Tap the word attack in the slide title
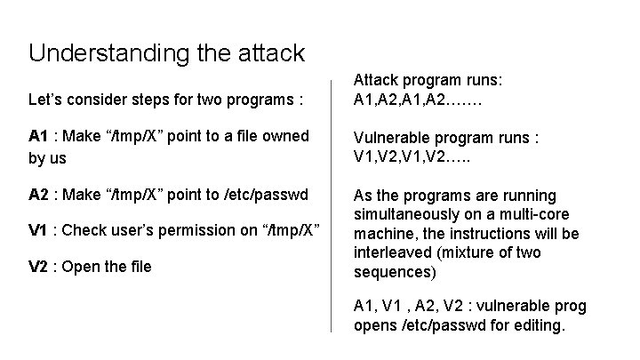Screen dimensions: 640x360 point(265,52)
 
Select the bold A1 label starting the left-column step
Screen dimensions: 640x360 point(38,136)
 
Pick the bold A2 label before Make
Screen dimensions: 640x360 point(38,195)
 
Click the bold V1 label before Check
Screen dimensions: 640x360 point(38,231)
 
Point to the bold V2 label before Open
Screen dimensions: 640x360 point(38,267)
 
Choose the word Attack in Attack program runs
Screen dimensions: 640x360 point(375,81)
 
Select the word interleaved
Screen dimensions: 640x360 point(394,252)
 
